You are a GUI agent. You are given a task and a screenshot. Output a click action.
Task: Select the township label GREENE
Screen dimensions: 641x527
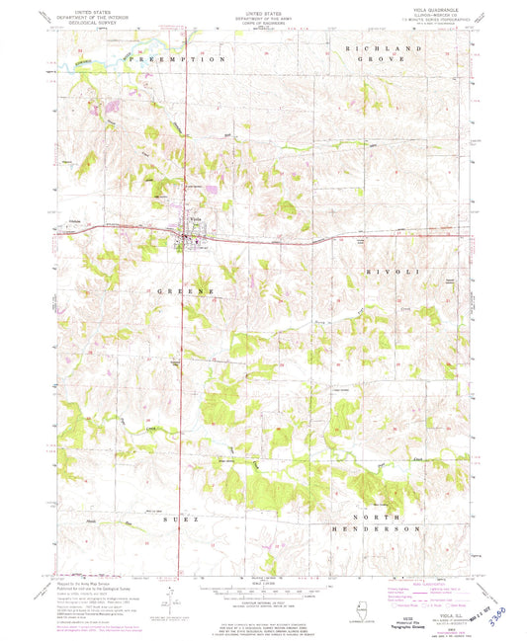pyautogui.click(x=185, y=292)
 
